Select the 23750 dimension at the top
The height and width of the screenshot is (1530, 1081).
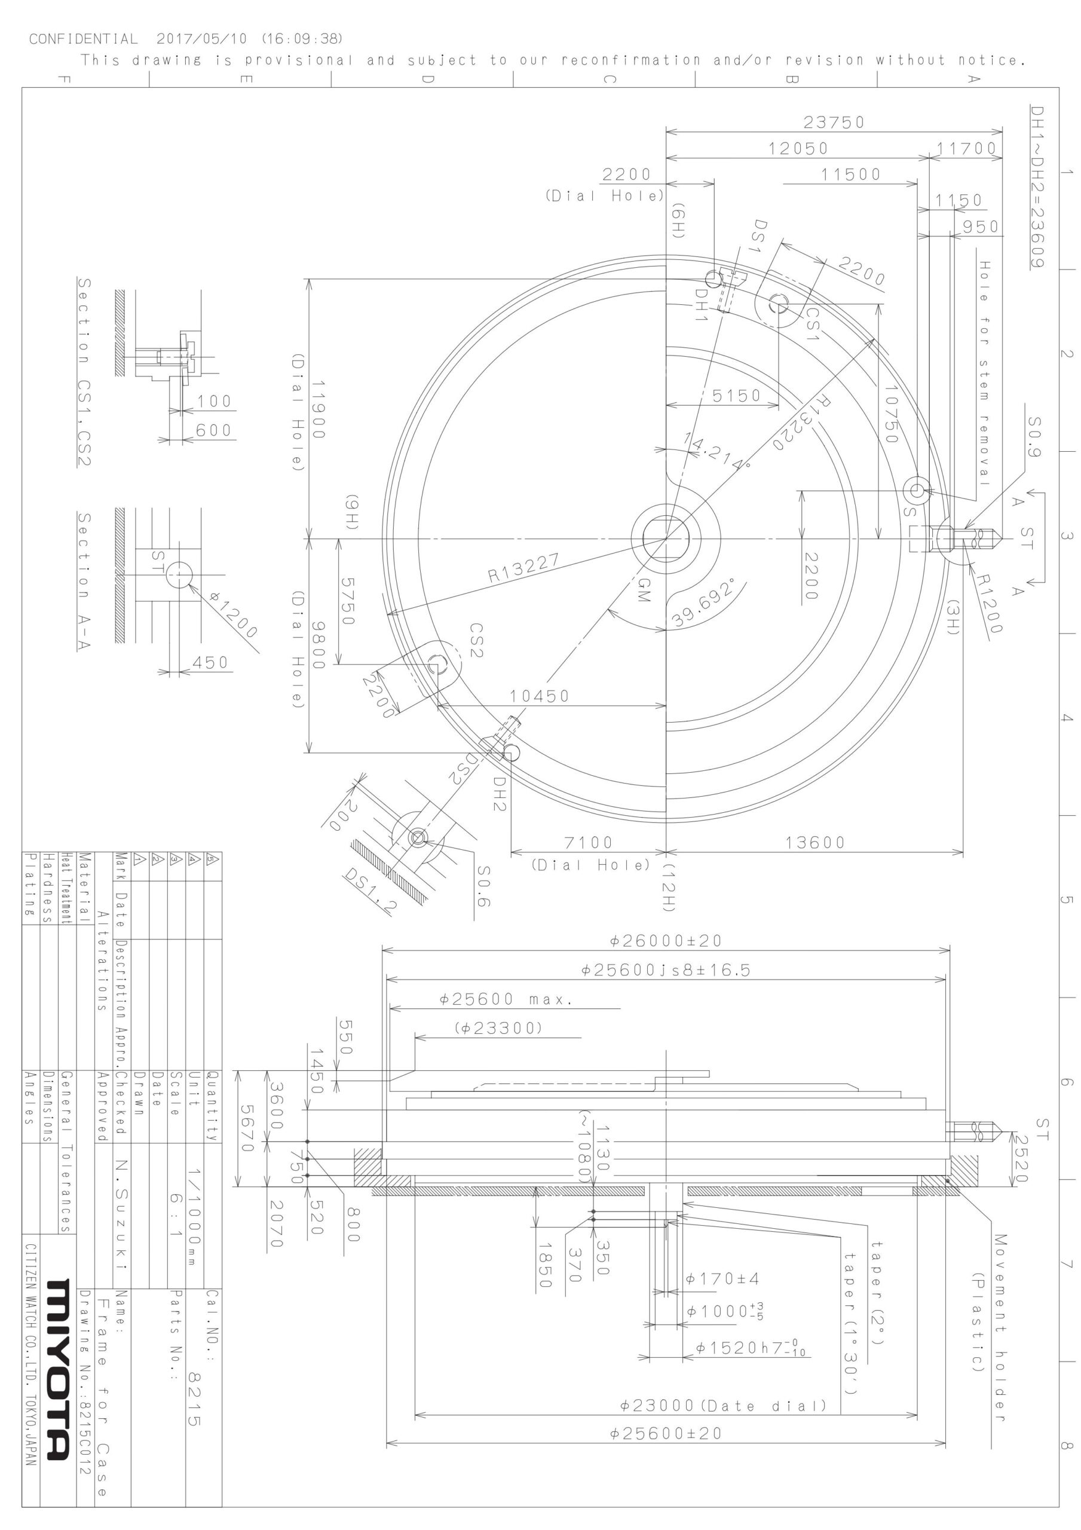[834, 123]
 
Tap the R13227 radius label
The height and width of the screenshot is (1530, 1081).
[524, 567]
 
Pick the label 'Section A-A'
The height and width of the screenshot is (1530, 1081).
[84, 580]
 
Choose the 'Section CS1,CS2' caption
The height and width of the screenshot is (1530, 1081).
[84, 372]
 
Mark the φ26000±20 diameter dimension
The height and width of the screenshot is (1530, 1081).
[666, 941]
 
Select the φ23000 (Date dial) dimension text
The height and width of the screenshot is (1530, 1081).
[724, 1406]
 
